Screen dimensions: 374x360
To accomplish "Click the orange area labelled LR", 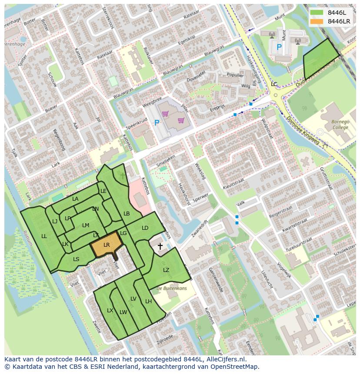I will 107,245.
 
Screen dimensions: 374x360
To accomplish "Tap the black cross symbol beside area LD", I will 160,247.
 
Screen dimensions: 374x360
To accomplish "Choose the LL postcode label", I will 44,236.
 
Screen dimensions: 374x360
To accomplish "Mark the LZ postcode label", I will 166,270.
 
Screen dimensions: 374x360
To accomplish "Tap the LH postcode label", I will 148,301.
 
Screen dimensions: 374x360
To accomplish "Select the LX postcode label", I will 110,310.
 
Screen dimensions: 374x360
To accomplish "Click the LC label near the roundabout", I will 274,84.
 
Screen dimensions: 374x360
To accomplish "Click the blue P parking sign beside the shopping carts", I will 157,123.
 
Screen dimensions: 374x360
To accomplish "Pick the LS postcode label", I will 76,259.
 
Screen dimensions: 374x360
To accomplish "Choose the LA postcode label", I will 75,199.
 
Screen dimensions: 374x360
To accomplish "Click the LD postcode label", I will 145,228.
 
